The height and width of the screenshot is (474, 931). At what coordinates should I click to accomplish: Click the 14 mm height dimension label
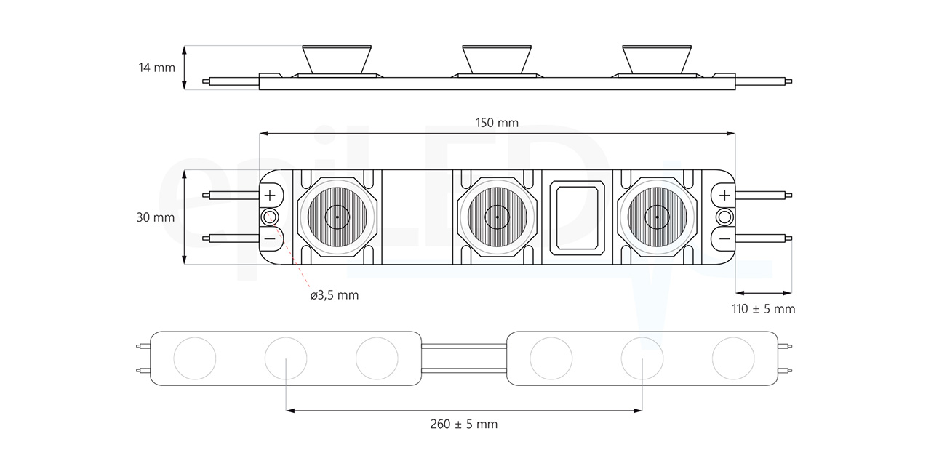(157, 68)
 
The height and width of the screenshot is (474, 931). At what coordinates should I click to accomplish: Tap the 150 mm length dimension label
(498, 123)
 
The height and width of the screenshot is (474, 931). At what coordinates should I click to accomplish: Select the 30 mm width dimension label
(155, 217)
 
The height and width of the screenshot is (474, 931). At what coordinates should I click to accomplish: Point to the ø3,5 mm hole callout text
(334, 295)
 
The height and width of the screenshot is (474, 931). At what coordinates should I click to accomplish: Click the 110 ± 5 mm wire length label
(763, 309)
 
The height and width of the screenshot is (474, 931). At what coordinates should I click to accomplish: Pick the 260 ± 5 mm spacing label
(464, 424)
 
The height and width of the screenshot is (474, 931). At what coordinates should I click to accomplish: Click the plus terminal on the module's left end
(270, 195)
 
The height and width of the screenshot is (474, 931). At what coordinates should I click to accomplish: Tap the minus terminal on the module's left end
(270, 238)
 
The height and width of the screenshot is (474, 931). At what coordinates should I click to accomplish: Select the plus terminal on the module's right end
(724, 195)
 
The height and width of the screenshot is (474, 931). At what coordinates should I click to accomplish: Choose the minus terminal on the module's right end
(724, 238)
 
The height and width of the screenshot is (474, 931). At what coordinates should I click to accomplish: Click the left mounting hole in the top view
(271, 217)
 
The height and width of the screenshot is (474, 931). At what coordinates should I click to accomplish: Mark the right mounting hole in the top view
(724, 217)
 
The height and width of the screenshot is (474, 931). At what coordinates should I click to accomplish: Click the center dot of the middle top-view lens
(498, 217)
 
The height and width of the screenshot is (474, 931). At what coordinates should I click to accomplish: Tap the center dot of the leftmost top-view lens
(337, 217)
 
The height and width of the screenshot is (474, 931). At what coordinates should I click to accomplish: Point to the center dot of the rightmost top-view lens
(657, 217)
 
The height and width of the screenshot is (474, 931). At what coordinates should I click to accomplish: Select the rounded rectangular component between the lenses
(578, 217)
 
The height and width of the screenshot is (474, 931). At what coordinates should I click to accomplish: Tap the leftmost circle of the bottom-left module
(194, 358)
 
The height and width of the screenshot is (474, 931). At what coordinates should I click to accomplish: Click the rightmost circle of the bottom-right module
(733, 358)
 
